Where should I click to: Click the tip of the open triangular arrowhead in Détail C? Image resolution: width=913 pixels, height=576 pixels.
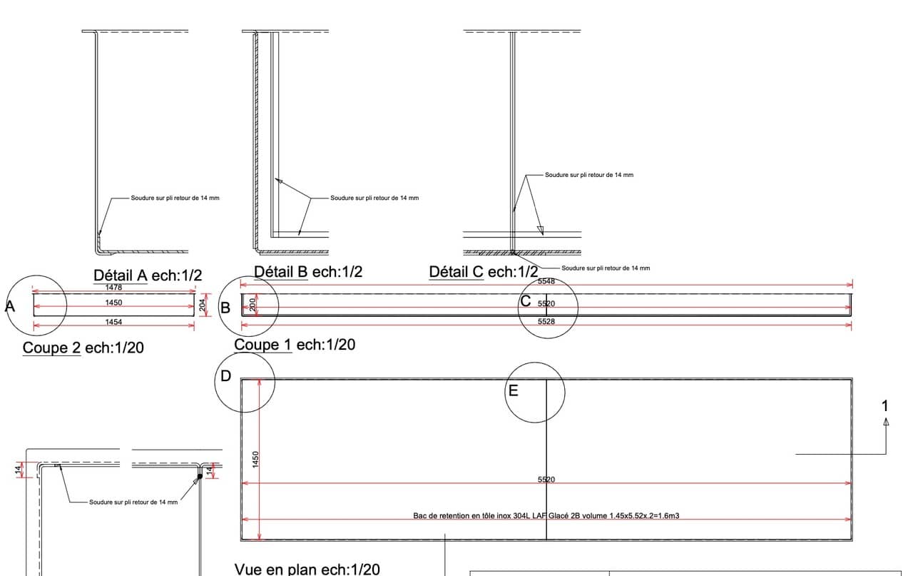[542, 236]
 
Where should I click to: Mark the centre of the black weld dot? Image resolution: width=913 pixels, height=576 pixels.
[200, 477]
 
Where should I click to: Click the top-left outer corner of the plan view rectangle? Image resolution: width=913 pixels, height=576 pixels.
[241, 379]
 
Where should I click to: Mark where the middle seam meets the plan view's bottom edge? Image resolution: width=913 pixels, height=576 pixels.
[546, 540]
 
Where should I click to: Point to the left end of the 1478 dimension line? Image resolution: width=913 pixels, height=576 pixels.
[33, 291]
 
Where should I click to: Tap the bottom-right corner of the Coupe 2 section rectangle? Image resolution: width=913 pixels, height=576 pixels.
[195, 315]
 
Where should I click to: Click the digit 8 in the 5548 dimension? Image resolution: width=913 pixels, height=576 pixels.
[552, 281]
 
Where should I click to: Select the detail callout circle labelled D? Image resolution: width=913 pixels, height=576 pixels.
[245, 383]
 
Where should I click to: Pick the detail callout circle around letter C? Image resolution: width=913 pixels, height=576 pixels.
[548, 308]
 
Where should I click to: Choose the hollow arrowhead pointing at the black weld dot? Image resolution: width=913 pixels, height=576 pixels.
[196, 481]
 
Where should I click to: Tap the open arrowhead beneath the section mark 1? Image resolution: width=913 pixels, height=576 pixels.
[886, 422]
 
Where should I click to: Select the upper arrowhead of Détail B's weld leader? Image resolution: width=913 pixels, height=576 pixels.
[279, 181]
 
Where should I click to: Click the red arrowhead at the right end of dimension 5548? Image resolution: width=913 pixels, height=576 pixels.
[850, 285]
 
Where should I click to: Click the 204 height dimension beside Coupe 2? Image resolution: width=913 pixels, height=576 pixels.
[202, 305]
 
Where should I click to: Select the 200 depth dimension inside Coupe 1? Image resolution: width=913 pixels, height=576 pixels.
[253, 304]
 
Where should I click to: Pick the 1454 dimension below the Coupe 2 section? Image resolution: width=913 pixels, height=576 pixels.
[113, 322]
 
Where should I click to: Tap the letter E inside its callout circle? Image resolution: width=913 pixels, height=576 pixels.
[513, 391]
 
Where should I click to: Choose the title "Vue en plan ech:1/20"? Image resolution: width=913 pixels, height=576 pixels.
[307, 569]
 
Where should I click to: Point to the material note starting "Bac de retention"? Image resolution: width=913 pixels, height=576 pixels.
[546, 515]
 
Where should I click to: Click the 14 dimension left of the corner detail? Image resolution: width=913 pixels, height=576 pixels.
[18, 470]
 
